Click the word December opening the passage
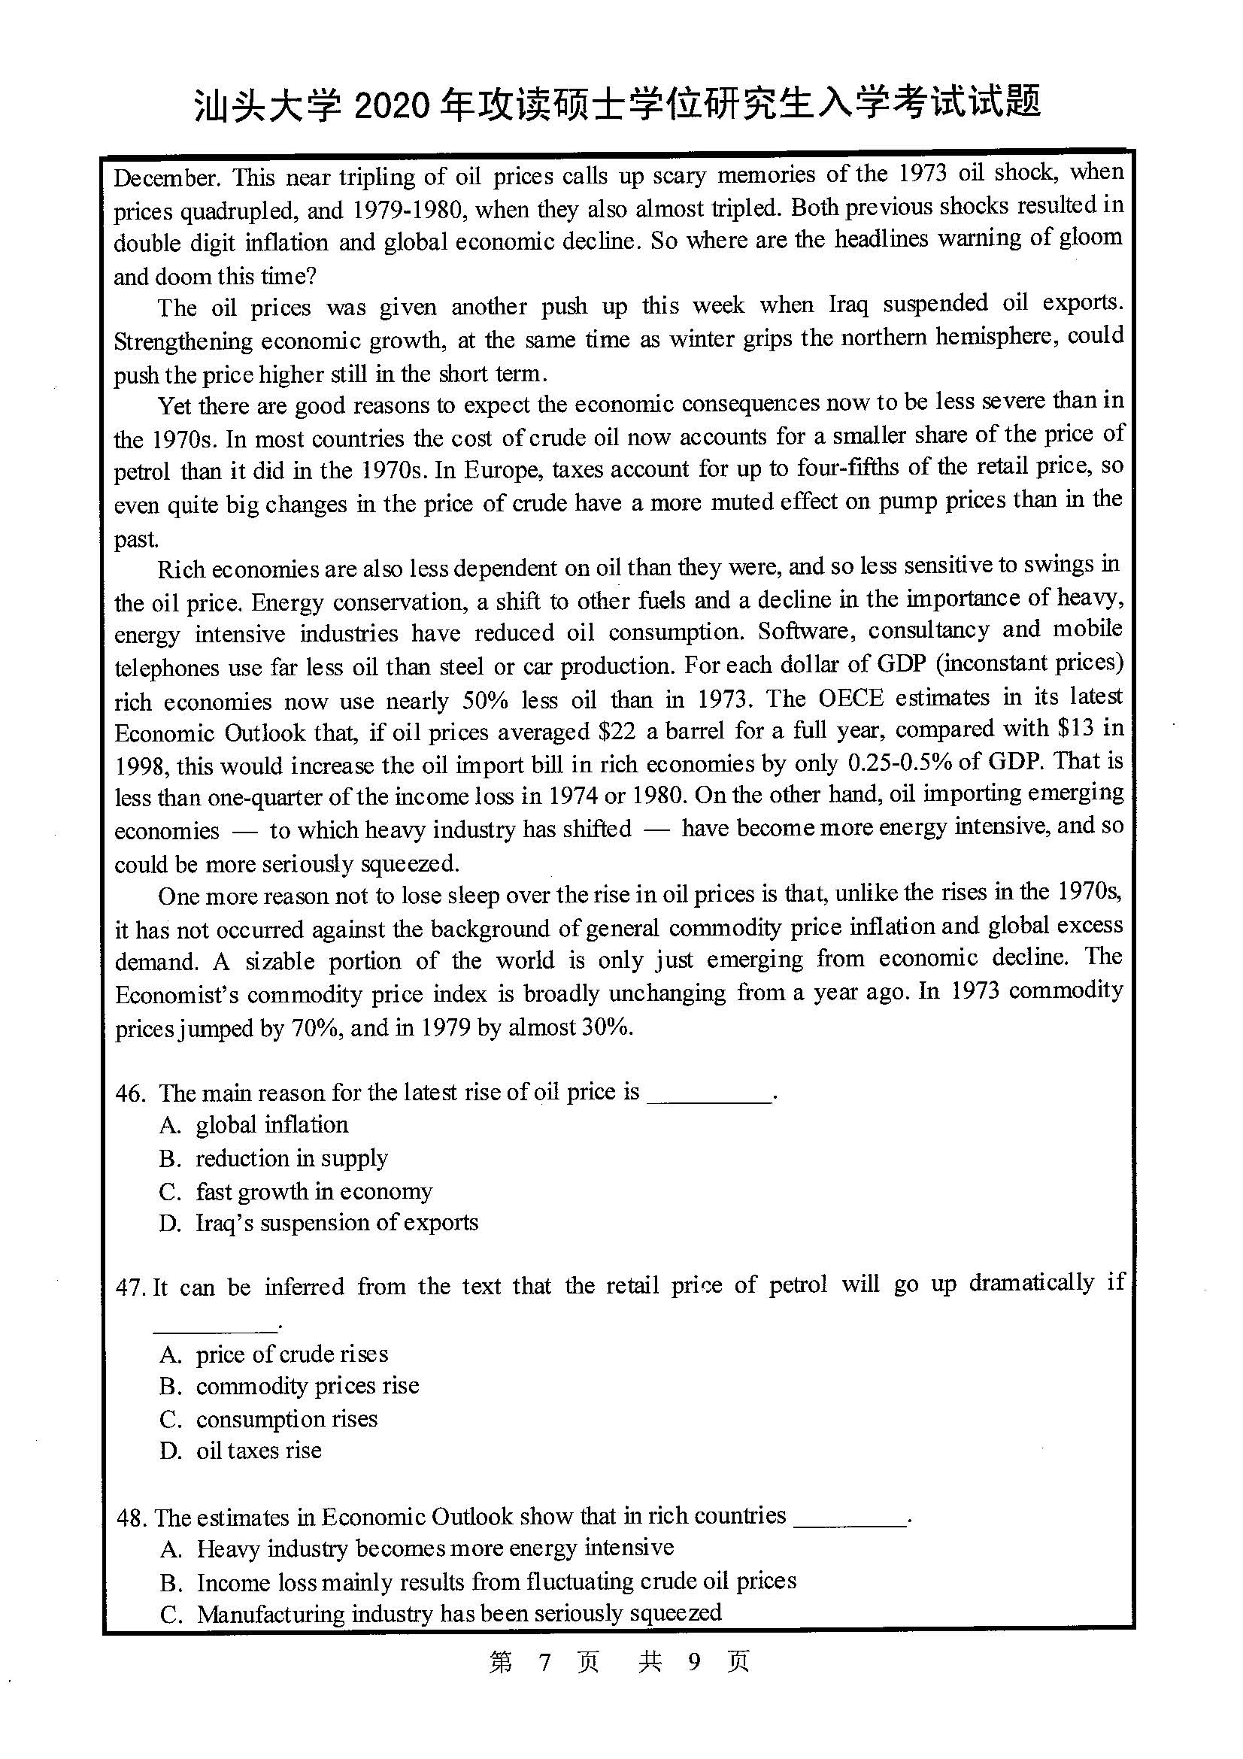click(166, 177)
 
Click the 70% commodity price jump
click(315, 1027)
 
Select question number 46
click(130, 1093)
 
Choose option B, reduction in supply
click(291, 1157)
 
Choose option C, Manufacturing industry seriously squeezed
click(458, 1613)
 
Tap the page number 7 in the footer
click(544, 1661)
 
